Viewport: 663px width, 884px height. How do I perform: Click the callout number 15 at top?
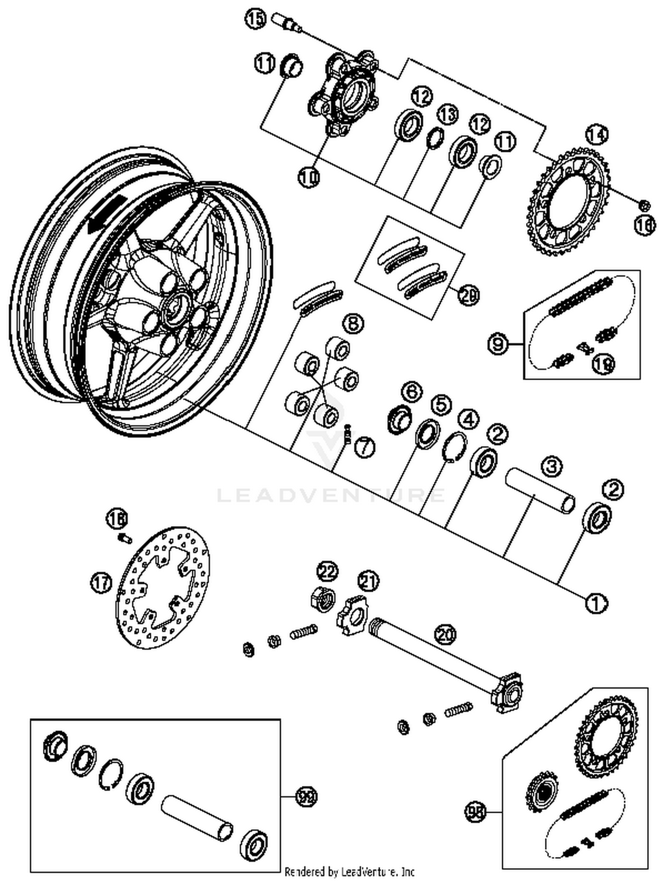tap(256, 19)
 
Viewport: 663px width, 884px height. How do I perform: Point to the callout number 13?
tap(448, 114)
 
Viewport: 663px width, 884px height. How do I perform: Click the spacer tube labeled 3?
tap(540, 491)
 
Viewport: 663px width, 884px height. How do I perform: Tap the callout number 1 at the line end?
tap(596, 602)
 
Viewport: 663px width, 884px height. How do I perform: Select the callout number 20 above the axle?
tap(445, 634)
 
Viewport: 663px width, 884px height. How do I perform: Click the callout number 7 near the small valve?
tap(365, 448)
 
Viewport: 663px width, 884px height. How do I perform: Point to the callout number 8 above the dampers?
tap(354, 324)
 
